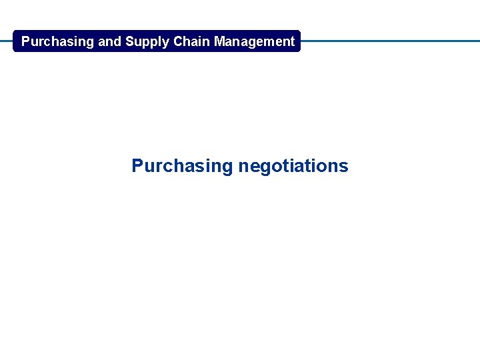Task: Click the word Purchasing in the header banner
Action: (x=57, y=41)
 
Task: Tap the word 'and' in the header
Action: (x=110, y=41)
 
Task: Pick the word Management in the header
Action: (x=254, y=41)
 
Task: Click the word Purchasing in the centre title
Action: (x=182, y=166)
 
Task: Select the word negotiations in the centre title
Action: (x=293, y=166)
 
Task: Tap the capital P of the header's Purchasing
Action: (x=26, y=41)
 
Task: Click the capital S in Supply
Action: (x=129, y=41)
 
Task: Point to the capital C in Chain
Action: (x=177, y=41)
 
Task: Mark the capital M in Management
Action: (x=219, y=41)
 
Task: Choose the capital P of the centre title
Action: (x=137, y=165)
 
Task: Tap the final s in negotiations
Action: (x=344, y=166)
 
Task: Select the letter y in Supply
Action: (x=166, y=43)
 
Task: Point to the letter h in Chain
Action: (x=186, y=41)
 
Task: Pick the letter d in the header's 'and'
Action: (x=118, y=41)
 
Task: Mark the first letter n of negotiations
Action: (x=243, y=167)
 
